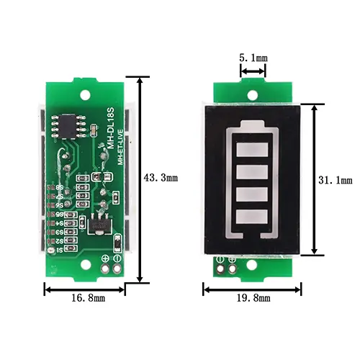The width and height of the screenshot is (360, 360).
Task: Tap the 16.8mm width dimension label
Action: [84, 297]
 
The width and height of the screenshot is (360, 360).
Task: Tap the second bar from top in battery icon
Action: [253, 174]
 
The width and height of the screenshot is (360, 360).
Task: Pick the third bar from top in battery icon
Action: [253, 194]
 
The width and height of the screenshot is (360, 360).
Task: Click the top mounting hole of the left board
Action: [85, 95]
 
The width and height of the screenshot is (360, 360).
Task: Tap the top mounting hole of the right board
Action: [253, 94]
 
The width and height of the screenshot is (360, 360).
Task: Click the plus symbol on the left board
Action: [106, 258]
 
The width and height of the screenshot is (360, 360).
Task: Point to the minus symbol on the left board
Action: [117, 258]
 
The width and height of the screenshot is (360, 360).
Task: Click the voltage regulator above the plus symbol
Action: [98, 225]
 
